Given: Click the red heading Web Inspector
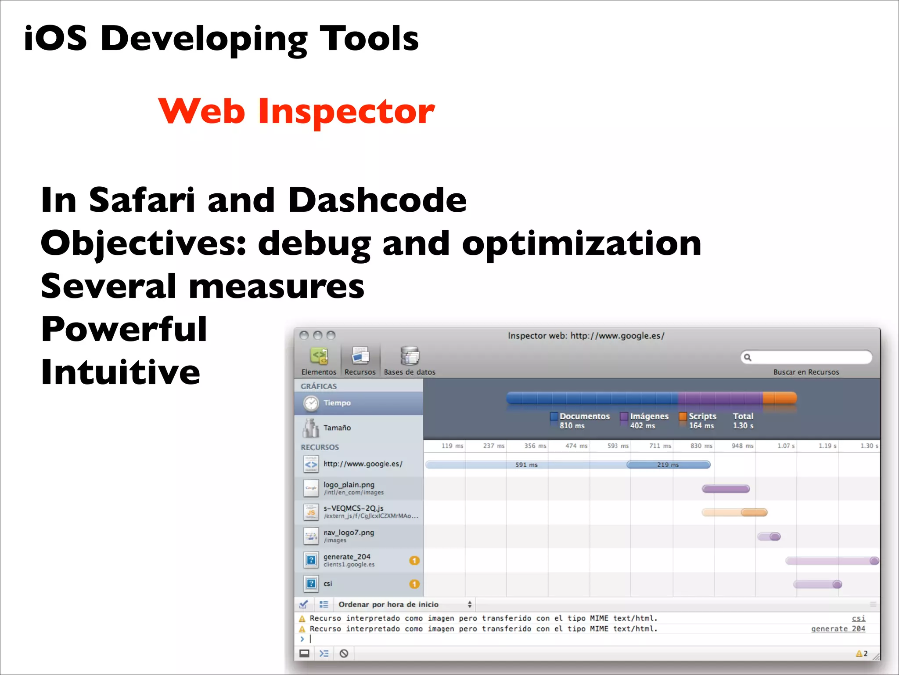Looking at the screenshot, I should click(296, 111).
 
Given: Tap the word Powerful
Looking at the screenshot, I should click(124, 329).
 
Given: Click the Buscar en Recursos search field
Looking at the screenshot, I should click(810, 357).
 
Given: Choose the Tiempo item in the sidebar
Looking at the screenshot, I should click(337, 403).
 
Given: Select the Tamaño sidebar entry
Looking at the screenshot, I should click(337, 428).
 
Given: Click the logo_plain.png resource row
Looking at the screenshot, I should click(349, 488).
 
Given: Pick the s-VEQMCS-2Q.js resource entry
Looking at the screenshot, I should click(353, 512).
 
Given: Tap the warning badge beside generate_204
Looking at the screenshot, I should click(414, 560).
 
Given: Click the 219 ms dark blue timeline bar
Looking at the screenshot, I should click(668, 465).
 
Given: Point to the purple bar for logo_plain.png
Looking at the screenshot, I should click(726, 489).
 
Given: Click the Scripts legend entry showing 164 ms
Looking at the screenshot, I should click(701, 420).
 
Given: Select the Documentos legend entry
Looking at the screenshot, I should click(584, 420).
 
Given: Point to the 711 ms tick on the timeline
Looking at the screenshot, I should click(660, 446).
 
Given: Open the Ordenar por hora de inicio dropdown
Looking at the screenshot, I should click(404, 604).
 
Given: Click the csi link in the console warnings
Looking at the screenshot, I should click(858, 618).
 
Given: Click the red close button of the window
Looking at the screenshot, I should click(304, 335).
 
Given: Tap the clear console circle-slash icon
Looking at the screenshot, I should click(344, 653).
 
